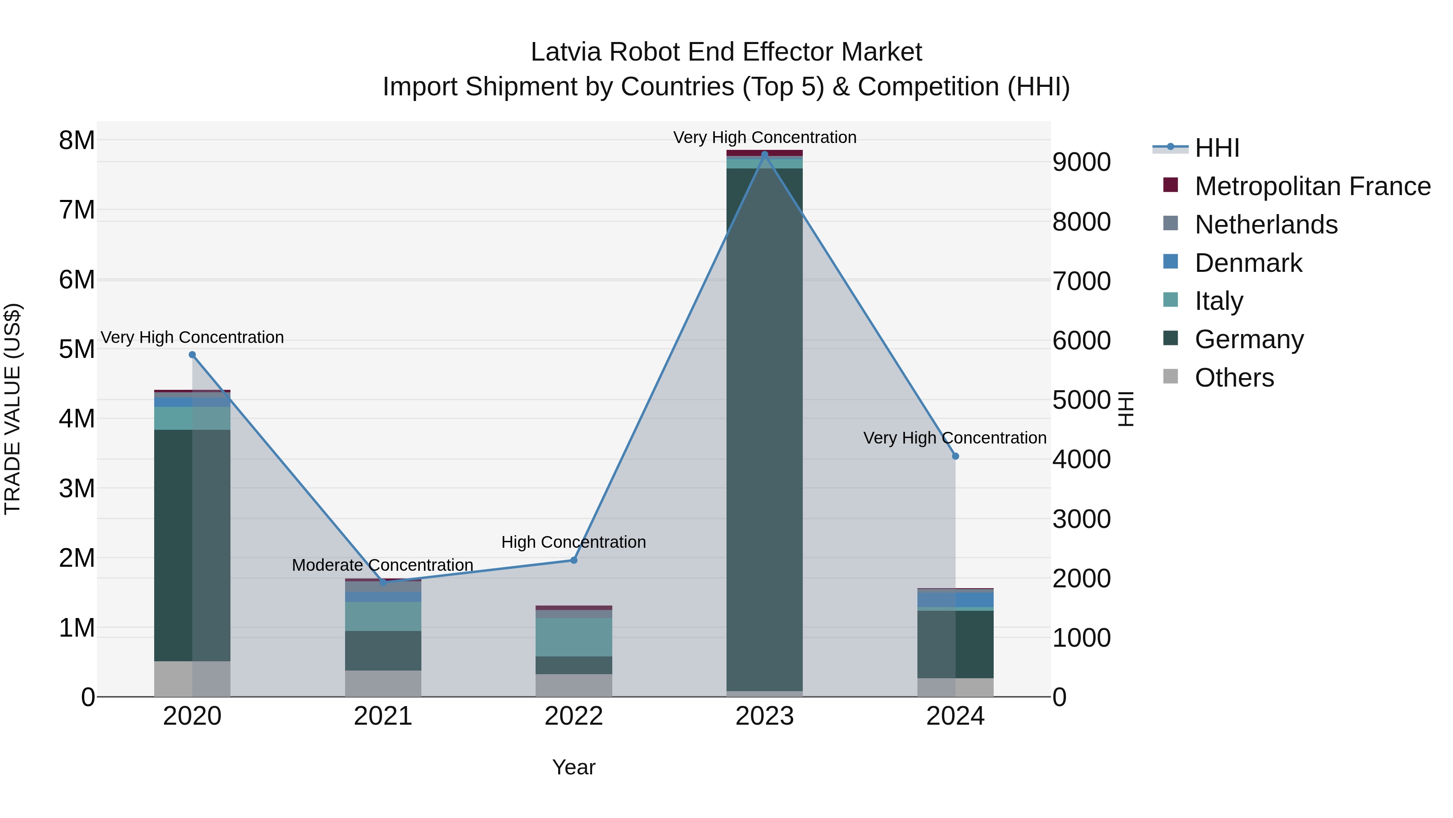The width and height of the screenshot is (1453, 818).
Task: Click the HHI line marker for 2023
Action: tap(764, 154)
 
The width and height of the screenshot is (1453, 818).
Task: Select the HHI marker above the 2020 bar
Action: tap(193, 355)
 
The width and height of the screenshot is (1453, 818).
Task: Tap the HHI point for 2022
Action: tap(574, 560)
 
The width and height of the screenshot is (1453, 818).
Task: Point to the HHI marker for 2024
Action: tap(955, 456)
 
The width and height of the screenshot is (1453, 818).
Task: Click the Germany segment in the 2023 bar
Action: tap(764, 429)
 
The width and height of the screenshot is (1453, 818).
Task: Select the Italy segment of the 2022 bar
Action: tap(574, 637)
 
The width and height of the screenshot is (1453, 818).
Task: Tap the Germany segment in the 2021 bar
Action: tap(383, 650)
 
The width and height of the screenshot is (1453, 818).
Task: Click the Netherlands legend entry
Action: tap(1266, 225)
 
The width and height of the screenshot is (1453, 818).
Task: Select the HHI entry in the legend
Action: tap(1216, 148)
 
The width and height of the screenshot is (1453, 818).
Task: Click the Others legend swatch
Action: tap(1170, 376)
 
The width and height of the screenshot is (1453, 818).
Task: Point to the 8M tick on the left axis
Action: tap(77, 140)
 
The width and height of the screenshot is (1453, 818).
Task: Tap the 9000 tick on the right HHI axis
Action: tap(1081, 162)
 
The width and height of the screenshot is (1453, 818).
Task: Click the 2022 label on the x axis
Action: tap(574, 716)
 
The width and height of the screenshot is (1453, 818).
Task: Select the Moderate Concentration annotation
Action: tap(383, 565)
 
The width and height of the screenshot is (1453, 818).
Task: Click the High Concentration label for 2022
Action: tap(574, 542)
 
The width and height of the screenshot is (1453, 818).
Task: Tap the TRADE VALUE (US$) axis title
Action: tap(13, 409)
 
